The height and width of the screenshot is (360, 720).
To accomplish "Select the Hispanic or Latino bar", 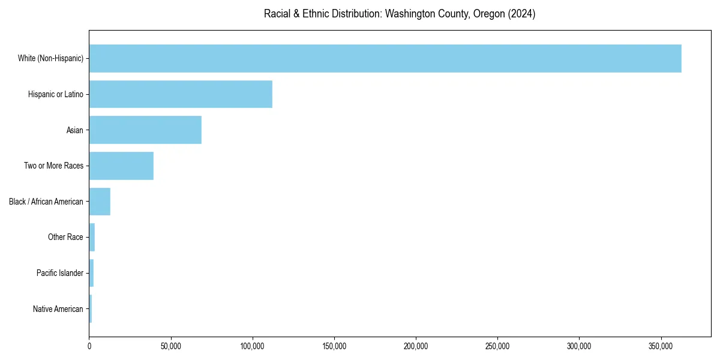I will [181, 94].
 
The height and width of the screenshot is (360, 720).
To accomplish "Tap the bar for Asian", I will [145, 130].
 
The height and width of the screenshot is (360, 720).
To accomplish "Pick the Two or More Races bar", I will [121, 166].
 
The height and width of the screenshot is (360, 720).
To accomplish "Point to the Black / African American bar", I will [100, 202].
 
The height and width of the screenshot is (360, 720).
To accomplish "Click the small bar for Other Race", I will [92, 237].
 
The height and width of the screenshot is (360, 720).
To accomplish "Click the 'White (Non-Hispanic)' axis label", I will [50, 58].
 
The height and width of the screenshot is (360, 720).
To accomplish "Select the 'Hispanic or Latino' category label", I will [56, 94].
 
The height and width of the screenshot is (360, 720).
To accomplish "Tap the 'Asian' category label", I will [75, 130].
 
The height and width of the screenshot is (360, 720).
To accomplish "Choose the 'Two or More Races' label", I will [53, 166].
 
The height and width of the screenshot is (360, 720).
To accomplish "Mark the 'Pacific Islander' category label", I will [60, 273].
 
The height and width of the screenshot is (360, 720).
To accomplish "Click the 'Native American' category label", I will [58, 309].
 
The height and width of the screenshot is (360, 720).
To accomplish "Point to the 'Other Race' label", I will [65, 237].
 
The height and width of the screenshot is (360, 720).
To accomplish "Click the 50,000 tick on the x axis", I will [171, 346].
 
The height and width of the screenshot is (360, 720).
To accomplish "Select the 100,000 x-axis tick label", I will [253, 346].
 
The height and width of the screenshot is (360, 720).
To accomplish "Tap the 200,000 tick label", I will [416, 346].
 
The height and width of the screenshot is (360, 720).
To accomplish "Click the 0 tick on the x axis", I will [89, 346].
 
